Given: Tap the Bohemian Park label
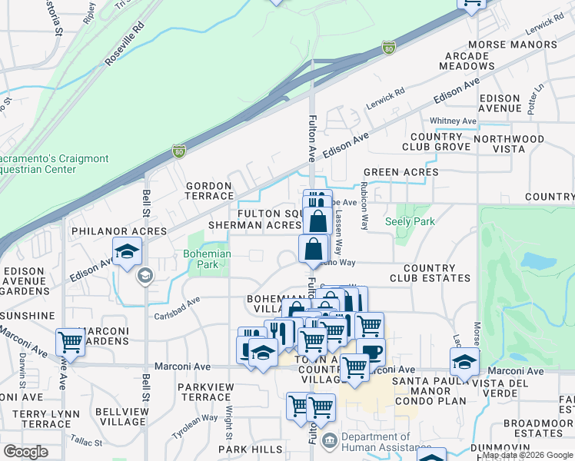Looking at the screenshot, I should point(204,260).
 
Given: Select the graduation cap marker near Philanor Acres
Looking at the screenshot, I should point(128,250).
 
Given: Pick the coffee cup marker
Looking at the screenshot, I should point(371,351).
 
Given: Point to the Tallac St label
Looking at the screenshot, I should point(86,443).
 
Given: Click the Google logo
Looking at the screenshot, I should point(25,452).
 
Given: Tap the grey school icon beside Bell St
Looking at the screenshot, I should point(144,275).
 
